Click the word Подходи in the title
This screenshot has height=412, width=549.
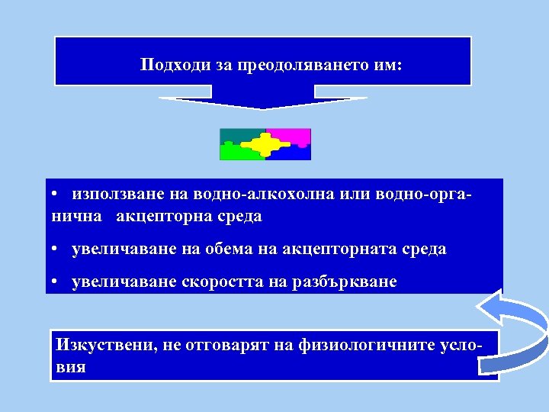click(x=167, y=66)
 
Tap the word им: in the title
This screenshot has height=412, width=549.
click(x=384, y=66)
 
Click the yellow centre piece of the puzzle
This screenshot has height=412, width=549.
click(x=265, y=143)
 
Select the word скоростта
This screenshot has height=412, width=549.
click(x=219, y=282)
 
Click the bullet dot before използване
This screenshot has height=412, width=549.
click(x=56, y=195)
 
